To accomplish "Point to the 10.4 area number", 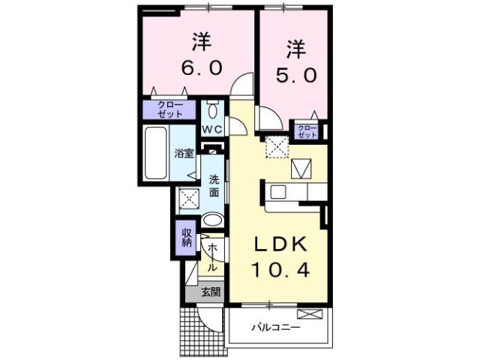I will [x=280, y=268].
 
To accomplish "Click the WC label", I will [x=211, y=129].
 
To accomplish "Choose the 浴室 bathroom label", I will [x=184, y=154].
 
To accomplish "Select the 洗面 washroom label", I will [x=214, y=185].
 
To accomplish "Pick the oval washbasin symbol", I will [x=213, y=220].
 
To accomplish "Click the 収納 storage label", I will [x=186, y=238].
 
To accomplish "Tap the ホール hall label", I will [x=213, y=256].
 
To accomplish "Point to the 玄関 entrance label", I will [x=211, y=292].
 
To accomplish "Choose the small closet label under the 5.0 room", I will [x=307, y=131].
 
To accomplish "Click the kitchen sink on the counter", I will [x=277, y=192].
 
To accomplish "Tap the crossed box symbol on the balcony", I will [x=308, y=314].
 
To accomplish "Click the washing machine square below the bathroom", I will [x=189, y=199].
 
